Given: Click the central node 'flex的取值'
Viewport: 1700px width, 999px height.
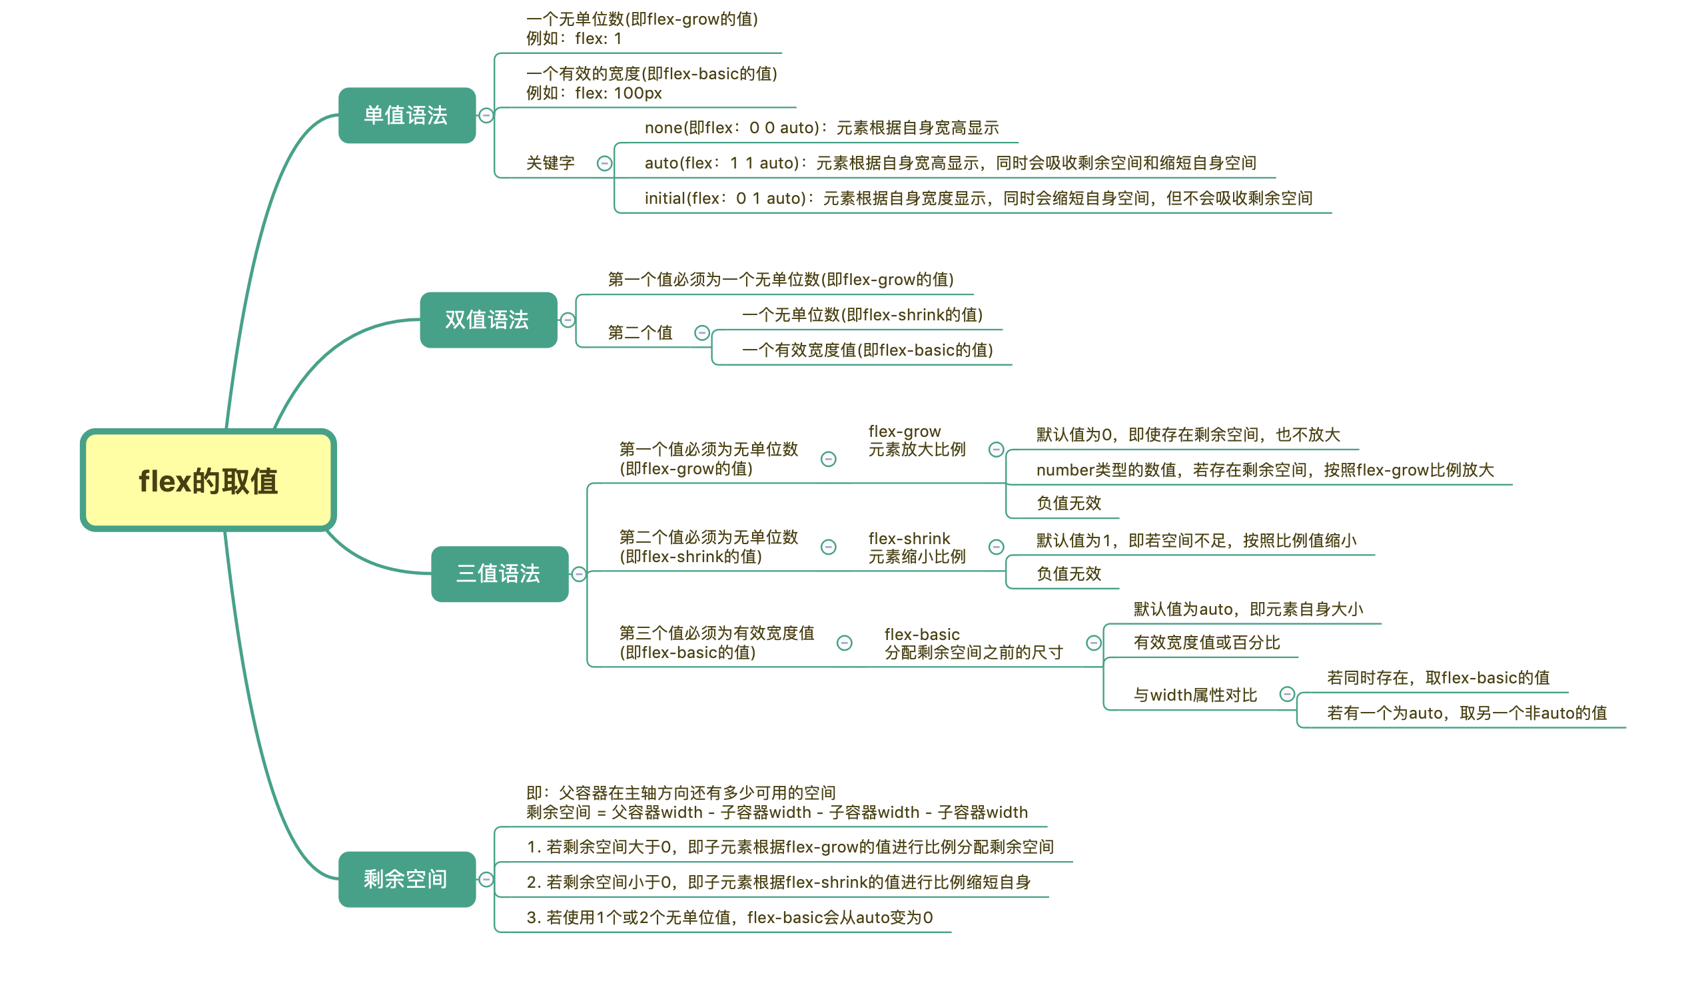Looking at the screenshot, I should click(209, 481).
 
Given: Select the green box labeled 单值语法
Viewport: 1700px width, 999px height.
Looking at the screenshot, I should click(407, 115).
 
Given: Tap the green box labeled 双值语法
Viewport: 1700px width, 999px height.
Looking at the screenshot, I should click(488, 320).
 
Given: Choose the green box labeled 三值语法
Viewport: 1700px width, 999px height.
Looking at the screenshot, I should click(499, 574).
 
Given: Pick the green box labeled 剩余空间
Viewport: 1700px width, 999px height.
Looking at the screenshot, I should click(407, 879).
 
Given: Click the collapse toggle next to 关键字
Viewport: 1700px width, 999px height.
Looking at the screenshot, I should click(605, 163).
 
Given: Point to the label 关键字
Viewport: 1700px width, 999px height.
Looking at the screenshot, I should click(550, 163).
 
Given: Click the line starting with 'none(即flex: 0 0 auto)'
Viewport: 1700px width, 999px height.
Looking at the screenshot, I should click(821, 128).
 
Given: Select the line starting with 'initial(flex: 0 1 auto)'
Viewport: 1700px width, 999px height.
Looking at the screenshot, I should click(978, 198).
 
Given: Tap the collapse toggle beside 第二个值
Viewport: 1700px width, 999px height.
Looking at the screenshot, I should click(702, 332).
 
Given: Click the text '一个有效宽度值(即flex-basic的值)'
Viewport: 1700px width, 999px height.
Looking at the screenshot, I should click(867, 350).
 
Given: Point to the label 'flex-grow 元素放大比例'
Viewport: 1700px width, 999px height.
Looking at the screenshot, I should click(917, 440).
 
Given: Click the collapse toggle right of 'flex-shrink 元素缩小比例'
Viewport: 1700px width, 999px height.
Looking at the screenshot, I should click(997, 547).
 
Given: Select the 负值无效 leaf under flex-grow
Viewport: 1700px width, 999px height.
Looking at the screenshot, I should click(1068, 503).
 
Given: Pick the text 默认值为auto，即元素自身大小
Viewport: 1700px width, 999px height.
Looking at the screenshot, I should click(1248, 610).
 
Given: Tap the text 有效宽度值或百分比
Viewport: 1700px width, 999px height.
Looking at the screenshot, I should click(1207, 643).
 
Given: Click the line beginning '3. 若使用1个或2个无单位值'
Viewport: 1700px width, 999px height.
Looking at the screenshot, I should click(730, 917).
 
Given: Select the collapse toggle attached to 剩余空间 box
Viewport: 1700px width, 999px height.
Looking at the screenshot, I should click(486, 880).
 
